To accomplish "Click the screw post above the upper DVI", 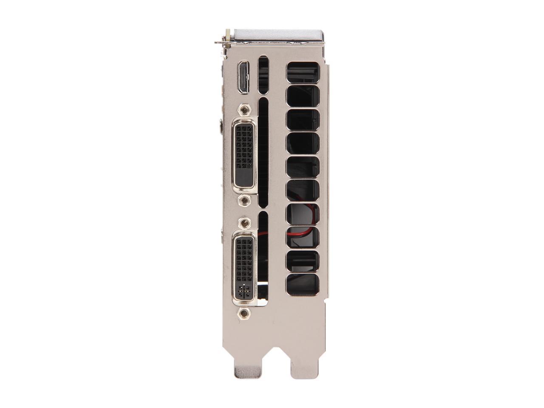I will pyautogui.click(x=244, y=110).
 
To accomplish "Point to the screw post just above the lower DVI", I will pyautogui.click(x=244, y=222).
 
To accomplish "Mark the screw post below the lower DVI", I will pyautogui.click(x=244, y=314).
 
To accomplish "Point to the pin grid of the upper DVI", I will pyautogui.click(x=244, y=144).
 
